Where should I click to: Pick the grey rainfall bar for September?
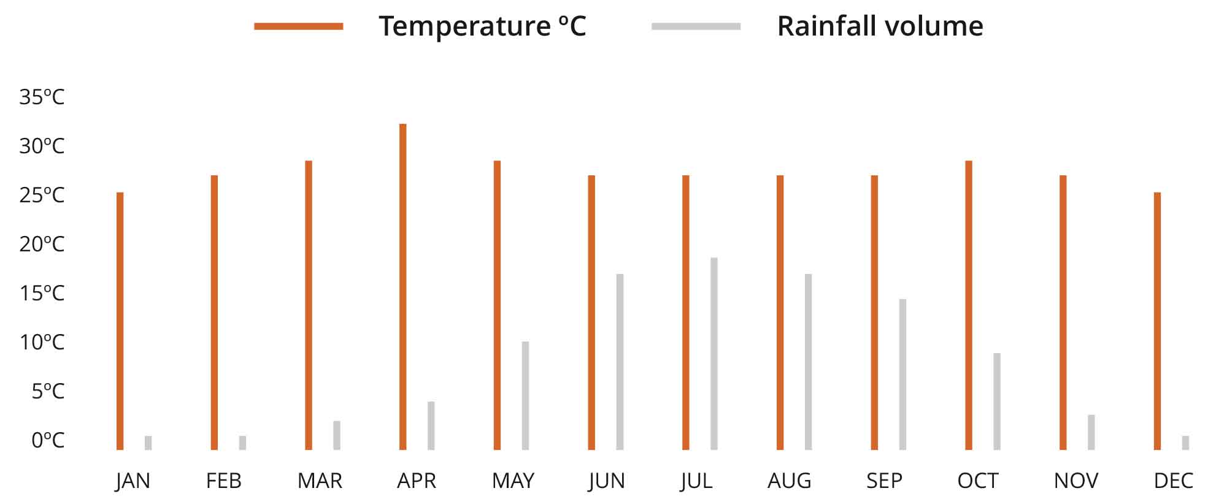[902, 375]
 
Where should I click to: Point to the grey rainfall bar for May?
[525, 395]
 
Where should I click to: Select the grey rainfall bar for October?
[997, 402]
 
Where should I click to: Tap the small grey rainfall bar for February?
[242, 443]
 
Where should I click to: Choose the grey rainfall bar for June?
[620, 362]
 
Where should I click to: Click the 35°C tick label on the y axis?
[42, 97]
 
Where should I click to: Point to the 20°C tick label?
[42, 244]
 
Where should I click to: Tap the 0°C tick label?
[47, 440]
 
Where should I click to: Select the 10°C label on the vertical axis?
[42, 342]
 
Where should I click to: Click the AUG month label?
[789, 481]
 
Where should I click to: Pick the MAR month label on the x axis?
[320, 481]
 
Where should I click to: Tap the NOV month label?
[1075, 481]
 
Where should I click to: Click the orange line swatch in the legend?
[299, 26]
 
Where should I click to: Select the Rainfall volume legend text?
[880, 26]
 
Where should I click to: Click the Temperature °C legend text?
[482, 26]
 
